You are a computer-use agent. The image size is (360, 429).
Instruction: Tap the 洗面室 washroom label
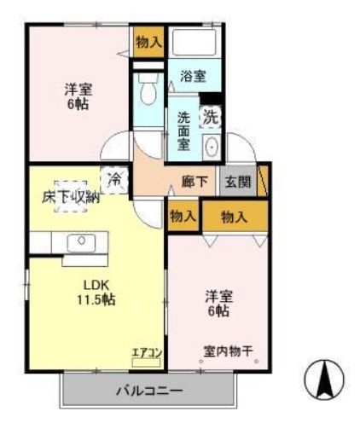pos(183,131)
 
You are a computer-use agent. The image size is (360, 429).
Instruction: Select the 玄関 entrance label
pos(237,181)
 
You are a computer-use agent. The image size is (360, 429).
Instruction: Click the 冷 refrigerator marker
pos(113,179)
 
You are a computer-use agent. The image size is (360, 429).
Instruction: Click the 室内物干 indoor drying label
pos(226,351)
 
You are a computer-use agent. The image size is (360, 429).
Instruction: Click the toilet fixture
pos(148,89)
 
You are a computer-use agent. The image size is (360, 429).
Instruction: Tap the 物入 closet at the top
pos(148,42)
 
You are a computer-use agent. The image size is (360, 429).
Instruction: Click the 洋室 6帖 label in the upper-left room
pos(77,96)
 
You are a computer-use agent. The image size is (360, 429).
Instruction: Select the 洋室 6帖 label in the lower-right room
pos(217,304)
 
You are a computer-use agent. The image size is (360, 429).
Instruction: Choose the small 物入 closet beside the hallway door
pos(183,217)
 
